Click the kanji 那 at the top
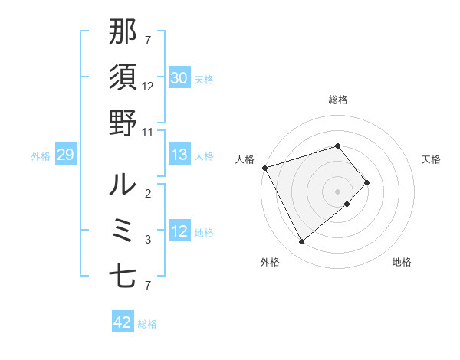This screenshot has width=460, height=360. (123, 33)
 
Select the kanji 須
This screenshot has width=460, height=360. (123, 78)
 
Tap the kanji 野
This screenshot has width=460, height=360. (123, 123)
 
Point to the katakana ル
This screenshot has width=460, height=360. (123, 185)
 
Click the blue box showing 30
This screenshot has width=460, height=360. (179, 78)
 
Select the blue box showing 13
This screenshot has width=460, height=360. (179, 155)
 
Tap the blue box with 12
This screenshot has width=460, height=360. (179, 231)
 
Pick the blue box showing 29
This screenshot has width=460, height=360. (65, 155)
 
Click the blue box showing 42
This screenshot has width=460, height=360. (123, 322)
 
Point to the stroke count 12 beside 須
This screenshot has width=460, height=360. (148, 87)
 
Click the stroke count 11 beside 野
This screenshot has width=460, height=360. (148, 132)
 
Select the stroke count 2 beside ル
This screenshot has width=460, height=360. (148, 194)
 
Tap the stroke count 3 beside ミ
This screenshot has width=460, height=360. (148, 240)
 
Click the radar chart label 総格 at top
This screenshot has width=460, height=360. (337, 100)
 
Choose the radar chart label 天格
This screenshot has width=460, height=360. (432, 159)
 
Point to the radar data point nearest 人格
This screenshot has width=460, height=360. (264, 168)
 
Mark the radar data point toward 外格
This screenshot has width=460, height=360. (301, 242)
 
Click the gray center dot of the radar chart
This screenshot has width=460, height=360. (337, 191)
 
